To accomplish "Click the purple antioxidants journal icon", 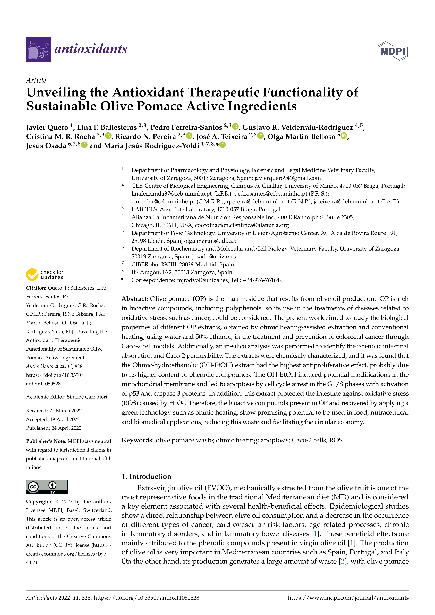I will click(x=38, y=49).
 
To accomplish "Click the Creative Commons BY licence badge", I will click(x=47, y=487).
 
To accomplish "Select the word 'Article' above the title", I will click(x=36, y=80).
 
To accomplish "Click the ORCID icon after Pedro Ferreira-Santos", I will click(x=235, y=126).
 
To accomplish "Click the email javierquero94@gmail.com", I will click(x=287, y=178).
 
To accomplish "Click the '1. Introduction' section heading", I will click(x=146, y=476).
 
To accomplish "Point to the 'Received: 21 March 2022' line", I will click(x=54, y=411).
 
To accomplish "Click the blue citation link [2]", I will click(x=343, y=561).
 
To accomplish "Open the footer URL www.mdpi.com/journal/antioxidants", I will click(x=348, y=598).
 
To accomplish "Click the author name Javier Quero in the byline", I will click(x=47, y=127).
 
